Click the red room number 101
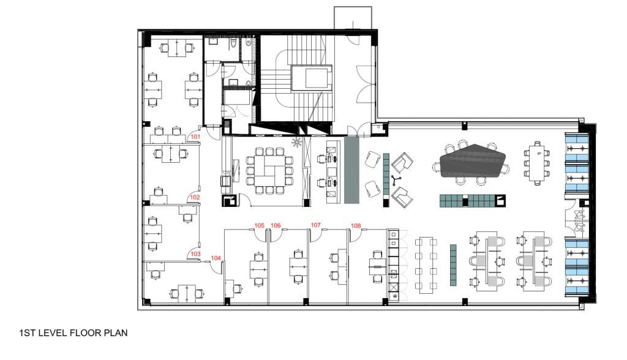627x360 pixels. (195, 137)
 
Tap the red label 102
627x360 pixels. (195, 197)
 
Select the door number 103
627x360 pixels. (195, 253)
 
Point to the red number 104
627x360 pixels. (216, 258)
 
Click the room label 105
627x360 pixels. (260, 226)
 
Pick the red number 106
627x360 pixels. (276, 226)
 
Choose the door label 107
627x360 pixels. (316, 225)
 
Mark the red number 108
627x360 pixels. (356, 226)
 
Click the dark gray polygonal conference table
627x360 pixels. (473, 160)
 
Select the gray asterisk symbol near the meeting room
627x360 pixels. (298, 143)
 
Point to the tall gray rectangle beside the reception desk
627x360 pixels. (351, 170)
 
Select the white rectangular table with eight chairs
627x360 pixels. (537, 162)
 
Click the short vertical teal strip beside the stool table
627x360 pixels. (454, 264)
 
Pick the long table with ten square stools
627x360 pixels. (426, 264)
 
